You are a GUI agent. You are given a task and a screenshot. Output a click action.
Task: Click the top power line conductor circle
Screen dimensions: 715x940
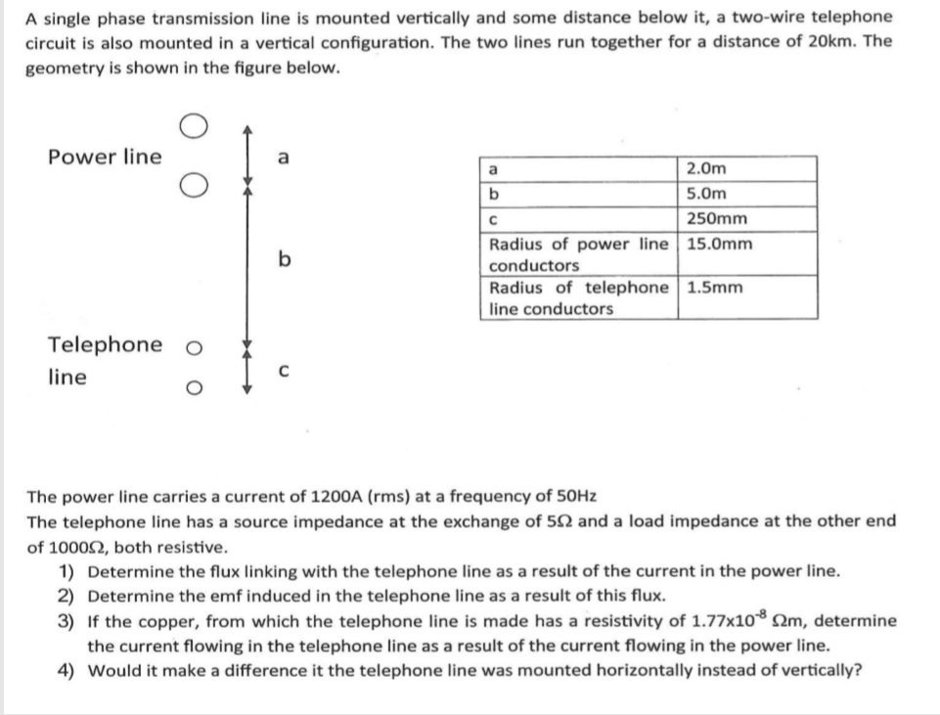click(193, 126)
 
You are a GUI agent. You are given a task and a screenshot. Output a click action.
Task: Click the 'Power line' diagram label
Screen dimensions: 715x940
click(105, 156)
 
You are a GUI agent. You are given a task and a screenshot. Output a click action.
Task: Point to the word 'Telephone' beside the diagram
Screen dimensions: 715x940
click(106, 344)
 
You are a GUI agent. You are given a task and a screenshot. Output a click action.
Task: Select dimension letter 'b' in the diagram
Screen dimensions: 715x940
click(284, 259)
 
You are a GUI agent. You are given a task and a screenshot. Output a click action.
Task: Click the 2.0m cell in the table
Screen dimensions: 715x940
click(707, 168)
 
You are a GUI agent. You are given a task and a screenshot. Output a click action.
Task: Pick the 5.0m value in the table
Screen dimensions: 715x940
click(707, 193)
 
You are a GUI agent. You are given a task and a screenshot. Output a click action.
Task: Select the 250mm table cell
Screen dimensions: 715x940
click(717, 218)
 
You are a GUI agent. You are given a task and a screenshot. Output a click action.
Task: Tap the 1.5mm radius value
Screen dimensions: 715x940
click(715, 287)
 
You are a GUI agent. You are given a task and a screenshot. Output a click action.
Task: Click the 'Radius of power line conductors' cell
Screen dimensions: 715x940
click(579, 253)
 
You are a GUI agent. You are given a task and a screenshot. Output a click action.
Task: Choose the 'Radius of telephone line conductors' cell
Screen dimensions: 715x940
click(579, 297)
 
